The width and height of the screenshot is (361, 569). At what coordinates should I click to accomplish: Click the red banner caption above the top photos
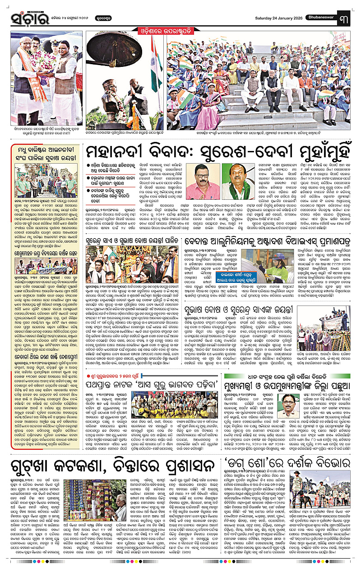[x=180, y=31]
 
